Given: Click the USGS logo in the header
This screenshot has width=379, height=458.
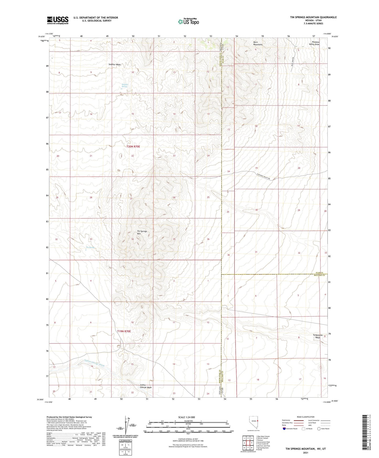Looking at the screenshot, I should [58, 20].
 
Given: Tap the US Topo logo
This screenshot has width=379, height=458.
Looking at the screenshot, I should [188, 22].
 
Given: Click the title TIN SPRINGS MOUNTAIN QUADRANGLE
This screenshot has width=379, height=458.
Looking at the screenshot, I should [313, 17].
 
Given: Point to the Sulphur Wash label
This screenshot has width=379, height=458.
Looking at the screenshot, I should [115, 64].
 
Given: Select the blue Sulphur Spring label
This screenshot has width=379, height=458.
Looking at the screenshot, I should [125, 86].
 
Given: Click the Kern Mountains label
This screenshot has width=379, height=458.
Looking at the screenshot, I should [258, 43].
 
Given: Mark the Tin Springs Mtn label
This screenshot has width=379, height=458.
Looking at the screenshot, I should [142, 232].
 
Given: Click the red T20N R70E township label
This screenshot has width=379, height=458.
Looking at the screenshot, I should [133, 147].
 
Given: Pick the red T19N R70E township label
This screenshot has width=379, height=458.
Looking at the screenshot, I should [124, 331].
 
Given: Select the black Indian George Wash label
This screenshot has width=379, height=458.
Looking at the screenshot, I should [146, 386].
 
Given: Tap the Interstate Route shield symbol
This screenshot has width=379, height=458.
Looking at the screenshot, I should [284, 429].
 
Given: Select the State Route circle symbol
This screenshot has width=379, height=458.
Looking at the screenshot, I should [319, 429].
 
